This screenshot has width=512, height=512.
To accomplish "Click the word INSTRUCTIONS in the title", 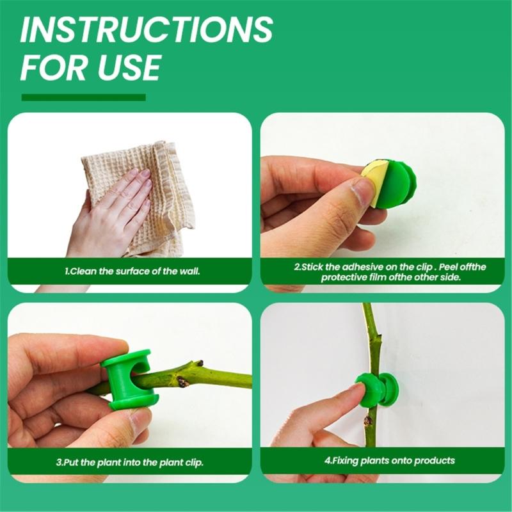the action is click(147, 29).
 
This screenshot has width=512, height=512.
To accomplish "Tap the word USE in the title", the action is click(129, 68).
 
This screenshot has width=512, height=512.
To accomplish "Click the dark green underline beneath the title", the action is click(84, 97).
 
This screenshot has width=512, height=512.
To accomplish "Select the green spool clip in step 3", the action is click(129, 380).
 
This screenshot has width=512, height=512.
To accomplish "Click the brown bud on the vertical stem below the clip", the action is click(369, 420).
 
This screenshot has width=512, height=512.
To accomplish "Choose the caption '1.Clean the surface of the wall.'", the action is click(132, 271).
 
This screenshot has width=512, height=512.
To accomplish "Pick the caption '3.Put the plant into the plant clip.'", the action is click(130, 462).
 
